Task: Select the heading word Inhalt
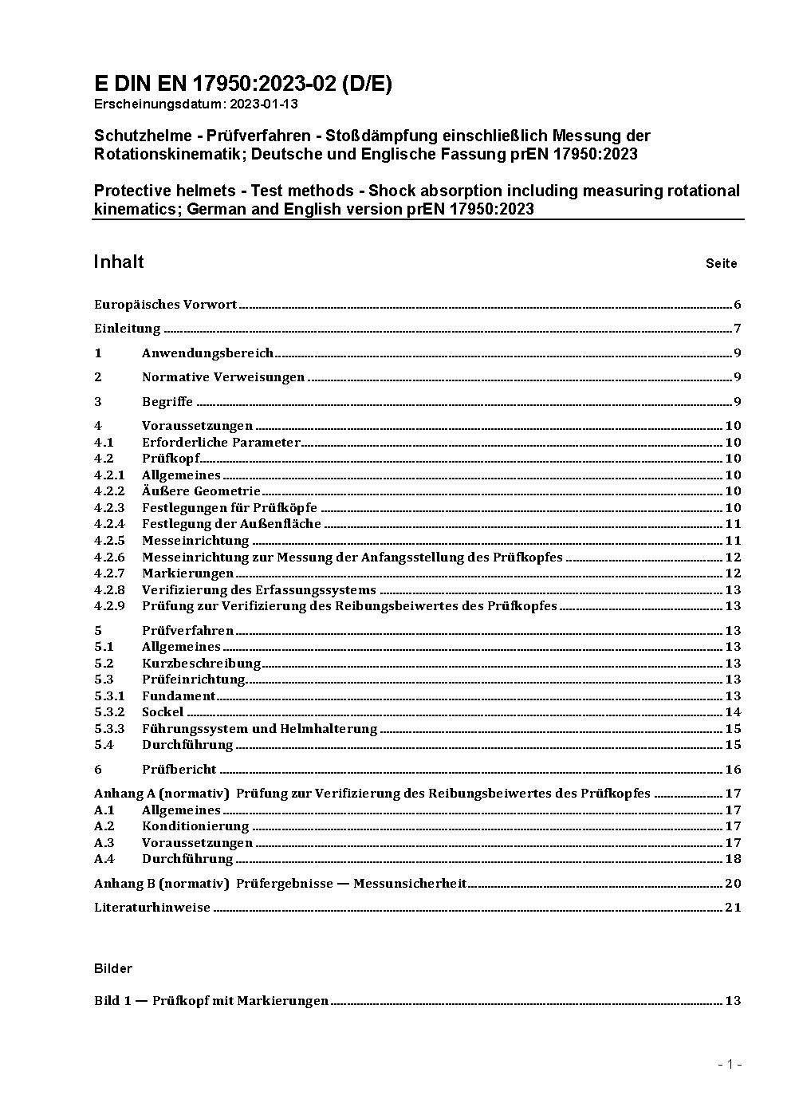point(119,262)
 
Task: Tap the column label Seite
point(721,263)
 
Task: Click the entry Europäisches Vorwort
point(165,305)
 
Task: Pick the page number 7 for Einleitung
point(738,329)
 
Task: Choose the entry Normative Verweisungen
point(223,377)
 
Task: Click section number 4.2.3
point(109,508)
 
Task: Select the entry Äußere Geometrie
point(201,491)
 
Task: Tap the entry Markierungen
point(187,573)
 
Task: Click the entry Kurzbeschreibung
point(201,664)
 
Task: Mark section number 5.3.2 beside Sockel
point(109,712)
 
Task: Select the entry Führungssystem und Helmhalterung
point(259,729)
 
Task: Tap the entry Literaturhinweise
point(152,908)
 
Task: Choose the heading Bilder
point(113,968)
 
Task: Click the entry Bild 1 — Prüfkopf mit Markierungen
point(211,1001)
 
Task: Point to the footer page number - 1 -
point(730,1064)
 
